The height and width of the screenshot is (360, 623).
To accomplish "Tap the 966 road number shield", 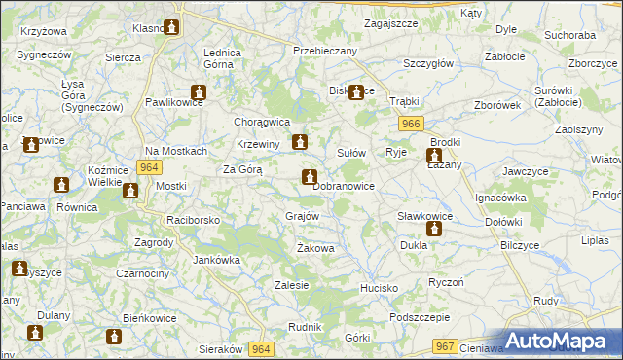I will point(409,124).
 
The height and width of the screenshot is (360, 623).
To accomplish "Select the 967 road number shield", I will point(446,345).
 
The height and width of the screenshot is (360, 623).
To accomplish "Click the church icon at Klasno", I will point(172,28).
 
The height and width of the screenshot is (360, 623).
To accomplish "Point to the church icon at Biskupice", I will point(356,93).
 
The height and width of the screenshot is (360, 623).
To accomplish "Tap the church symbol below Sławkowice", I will point(434,230).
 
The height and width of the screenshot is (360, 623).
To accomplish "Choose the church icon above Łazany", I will point(434,156).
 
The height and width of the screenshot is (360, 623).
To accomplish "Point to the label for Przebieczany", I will point(325,51).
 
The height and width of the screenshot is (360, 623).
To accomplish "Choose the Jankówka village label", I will point(217,260).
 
